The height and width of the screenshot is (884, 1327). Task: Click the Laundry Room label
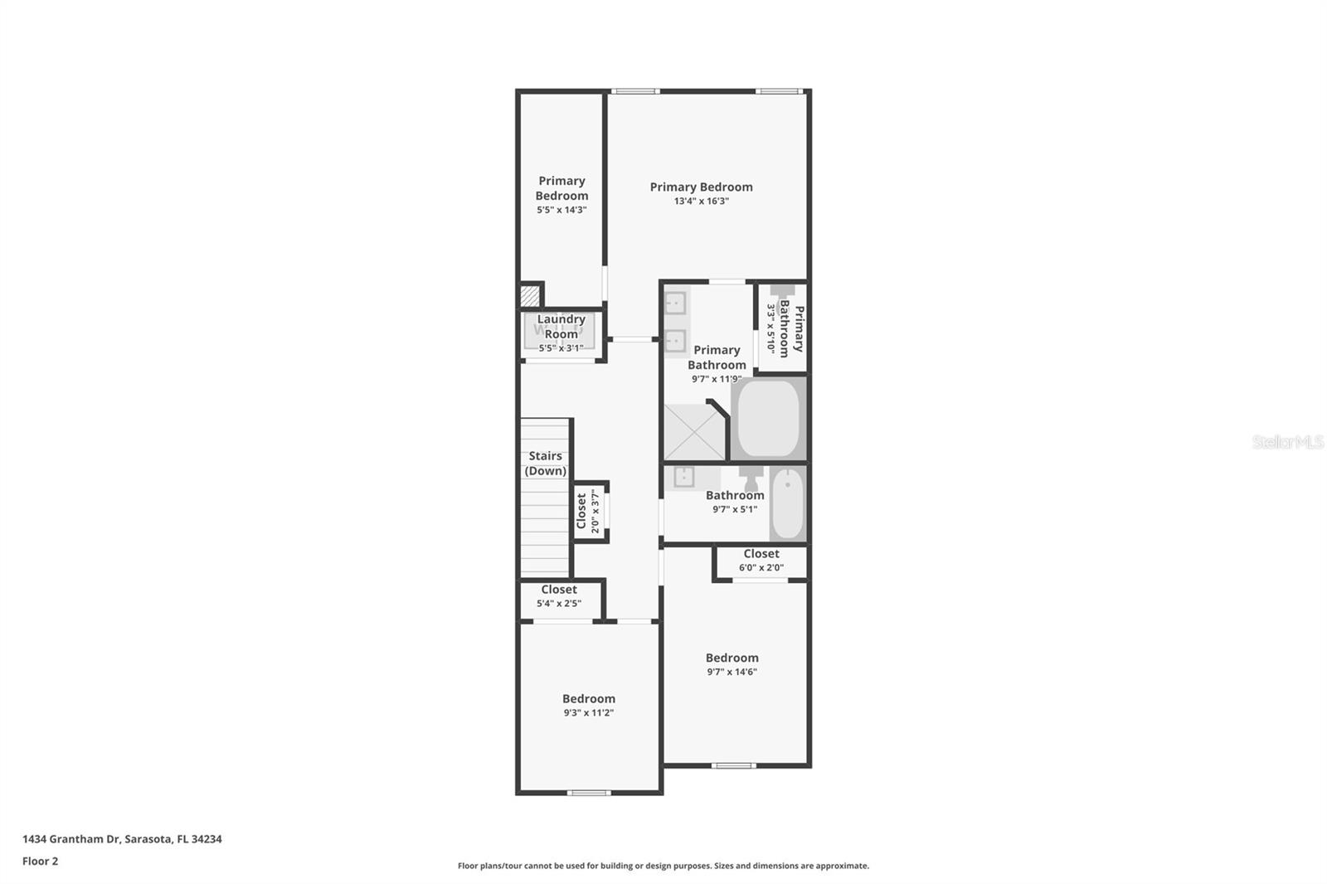point(561,327)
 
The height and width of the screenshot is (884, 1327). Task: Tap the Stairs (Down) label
point(546,463)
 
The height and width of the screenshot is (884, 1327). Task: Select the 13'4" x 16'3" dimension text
point(701,201)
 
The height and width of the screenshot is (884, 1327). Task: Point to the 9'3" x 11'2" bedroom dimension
point(588,712)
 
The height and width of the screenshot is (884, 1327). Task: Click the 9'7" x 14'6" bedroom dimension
point(732,672)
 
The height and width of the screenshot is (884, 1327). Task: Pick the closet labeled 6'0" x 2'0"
point(761,561)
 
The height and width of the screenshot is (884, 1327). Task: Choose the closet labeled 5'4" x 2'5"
point(559,596)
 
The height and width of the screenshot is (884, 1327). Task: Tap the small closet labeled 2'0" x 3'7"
point(588,511)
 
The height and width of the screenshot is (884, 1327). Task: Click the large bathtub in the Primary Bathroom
point(768,417)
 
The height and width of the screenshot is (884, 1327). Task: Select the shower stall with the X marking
point(694,431)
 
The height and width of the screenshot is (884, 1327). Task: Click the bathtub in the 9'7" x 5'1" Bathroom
point(787,504)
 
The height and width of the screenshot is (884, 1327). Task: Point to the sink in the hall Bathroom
point(684,477)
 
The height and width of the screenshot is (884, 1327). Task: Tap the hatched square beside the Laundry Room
point(529,295)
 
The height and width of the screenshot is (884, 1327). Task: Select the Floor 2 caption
point(40,861)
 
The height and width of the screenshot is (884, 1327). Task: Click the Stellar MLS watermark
point(1287,442)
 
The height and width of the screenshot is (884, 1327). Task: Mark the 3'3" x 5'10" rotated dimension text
point(770,328)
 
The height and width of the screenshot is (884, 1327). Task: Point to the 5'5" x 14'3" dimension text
point(561,210)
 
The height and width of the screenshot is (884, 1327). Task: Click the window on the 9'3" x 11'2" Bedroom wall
point(589,793)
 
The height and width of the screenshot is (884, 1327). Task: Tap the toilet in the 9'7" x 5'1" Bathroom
point(751,478)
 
